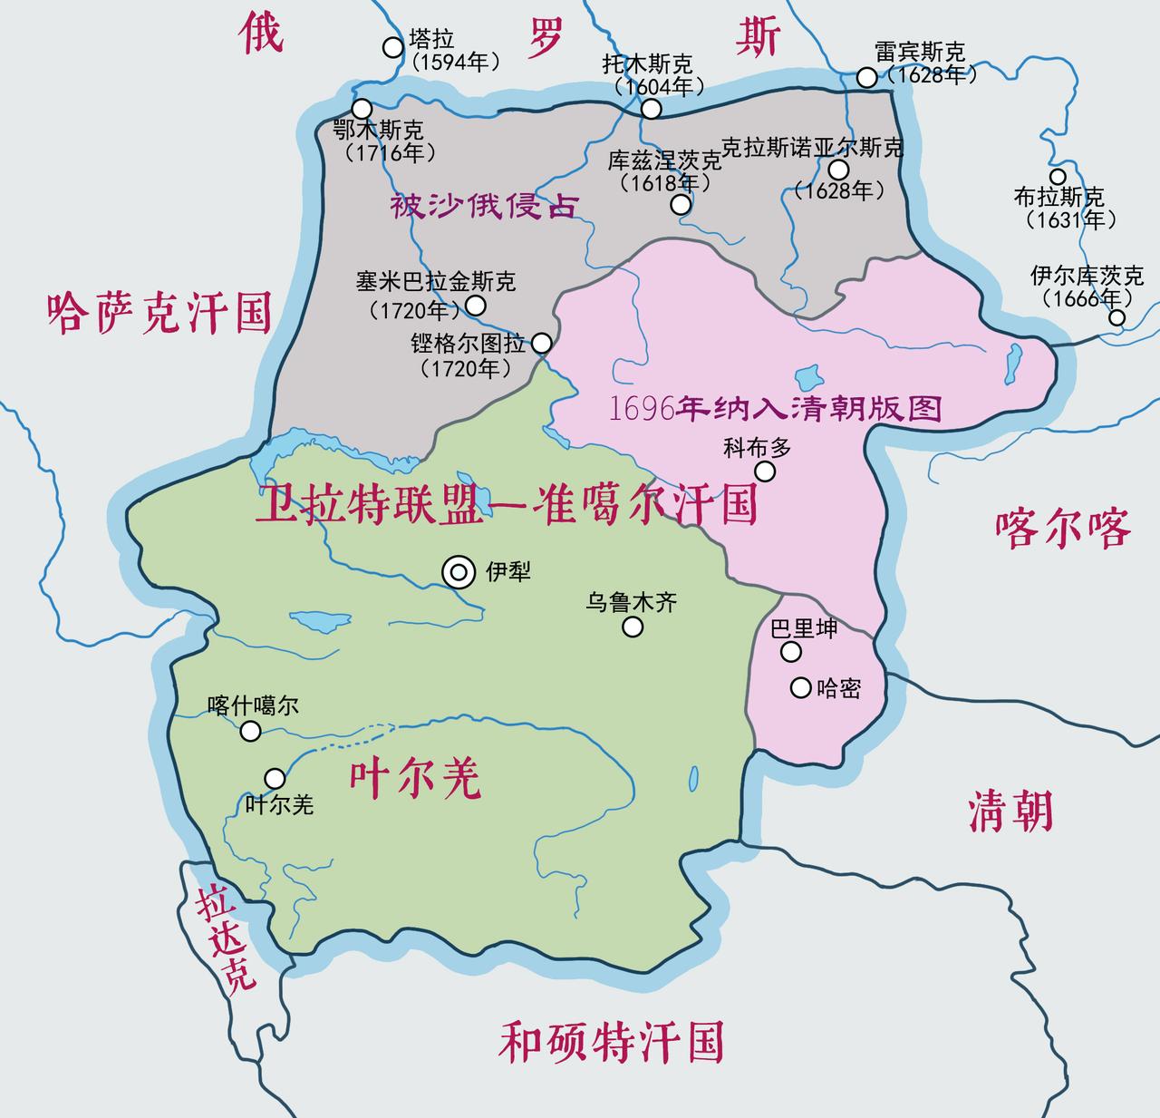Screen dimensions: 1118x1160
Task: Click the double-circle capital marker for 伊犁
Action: coord(459,572)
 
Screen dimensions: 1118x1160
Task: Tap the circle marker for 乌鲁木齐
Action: coord(633,627)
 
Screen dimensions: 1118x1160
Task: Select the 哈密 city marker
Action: coord(800,687)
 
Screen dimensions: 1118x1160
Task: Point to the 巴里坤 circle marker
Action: coord(791,652)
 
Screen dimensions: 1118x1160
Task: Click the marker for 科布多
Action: coord(765,471)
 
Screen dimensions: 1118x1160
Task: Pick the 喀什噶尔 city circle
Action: coord(251,731)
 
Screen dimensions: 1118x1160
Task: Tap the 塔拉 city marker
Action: coord(392,47)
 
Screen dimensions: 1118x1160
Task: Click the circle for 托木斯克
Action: coord(651,109)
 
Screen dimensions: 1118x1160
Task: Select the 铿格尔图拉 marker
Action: coord(541,343)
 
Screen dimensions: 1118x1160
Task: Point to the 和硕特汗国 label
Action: coord(612,1042)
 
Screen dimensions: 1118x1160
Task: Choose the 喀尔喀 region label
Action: coord(1063,527)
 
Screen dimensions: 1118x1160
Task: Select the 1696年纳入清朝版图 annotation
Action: coord(776,408)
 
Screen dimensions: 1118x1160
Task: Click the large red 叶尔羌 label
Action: coord(415,777)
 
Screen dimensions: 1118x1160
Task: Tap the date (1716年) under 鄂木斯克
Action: coord(390,152)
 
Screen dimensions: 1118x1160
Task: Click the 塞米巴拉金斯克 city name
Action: coord(436,282)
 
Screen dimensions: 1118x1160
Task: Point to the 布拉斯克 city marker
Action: coord(1058,177)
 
